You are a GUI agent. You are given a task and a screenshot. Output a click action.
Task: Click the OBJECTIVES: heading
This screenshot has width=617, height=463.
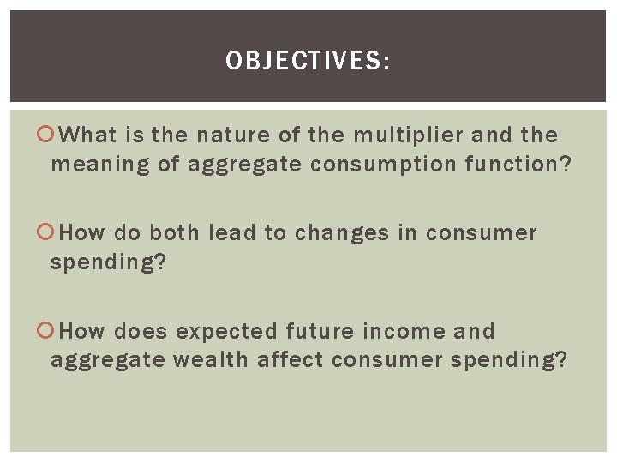tap(308, 61)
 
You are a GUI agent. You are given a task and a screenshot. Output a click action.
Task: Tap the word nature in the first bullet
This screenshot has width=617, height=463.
tap(234, 135)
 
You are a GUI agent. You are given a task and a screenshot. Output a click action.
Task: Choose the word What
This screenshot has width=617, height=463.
tap(92, 135)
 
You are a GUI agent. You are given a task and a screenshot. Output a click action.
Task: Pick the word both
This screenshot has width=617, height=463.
tap(177, 233)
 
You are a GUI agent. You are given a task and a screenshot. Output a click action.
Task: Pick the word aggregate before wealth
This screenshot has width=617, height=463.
tap(107, 361)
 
